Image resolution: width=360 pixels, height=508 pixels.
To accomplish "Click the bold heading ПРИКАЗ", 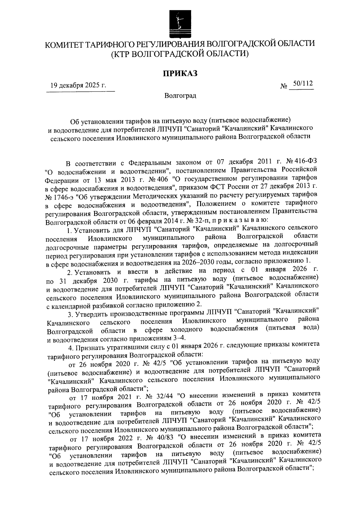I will tap(180, 73).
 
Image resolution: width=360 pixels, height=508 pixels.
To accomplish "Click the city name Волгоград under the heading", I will tap(180, 96).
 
